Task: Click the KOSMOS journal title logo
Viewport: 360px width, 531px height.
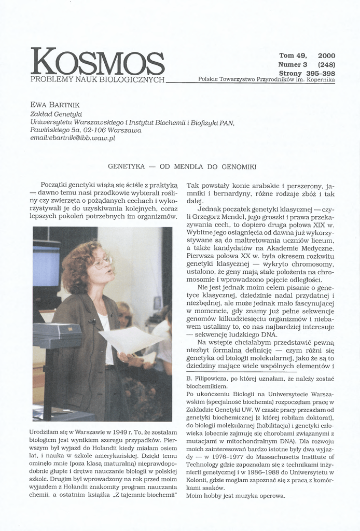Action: (98, 62)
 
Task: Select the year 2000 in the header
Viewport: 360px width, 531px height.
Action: (326, 55)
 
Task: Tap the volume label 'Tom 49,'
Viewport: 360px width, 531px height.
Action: (293, 55)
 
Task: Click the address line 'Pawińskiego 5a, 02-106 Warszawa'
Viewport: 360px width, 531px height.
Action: (86, 130)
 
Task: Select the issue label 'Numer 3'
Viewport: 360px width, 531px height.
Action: (293, 65)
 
